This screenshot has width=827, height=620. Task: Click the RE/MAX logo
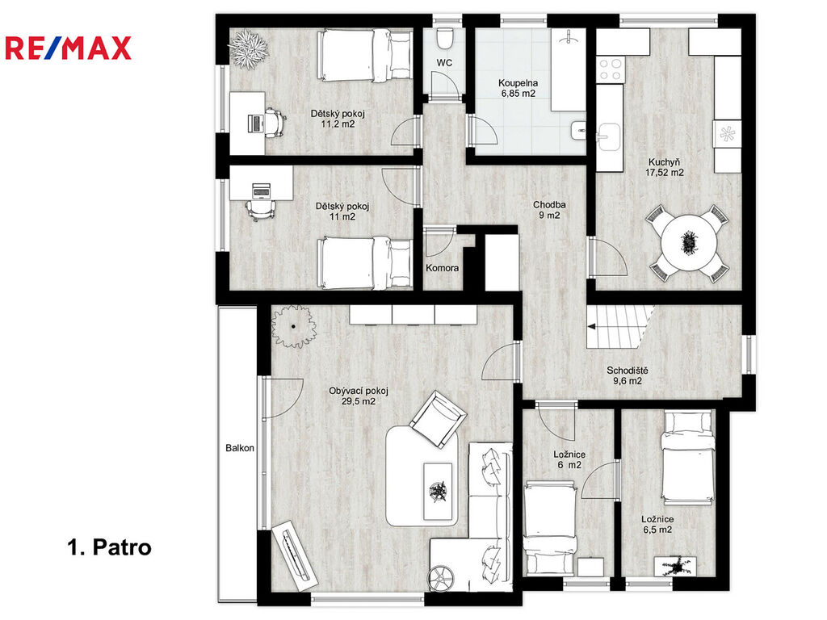pos(68,48)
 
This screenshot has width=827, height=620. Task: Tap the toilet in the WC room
pos(446,37)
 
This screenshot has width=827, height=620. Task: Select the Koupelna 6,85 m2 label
pos(518,88)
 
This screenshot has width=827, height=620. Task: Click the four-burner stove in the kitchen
pos(611,69)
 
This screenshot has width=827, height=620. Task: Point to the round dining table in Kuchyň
pos(688,242)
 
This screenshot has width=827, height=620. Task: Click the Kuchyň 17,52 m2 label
pos(665,167)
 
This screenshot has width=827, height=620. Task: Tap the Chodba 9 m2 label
pos(549,210)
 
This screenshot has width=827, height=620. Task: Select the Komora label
pos(442,268)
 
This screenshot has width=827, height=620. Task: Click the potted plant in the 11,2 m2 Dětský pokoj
pos(249,48)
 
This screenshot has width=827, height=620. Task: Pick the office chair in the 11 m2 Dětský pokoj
pos(261,209)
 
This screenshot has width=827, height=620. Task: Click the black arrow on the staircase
pos(592,326)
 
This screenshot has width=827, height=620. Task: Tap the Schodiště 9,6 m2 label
pos(627,375)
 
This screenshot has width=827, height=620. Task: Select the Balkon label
pos(240,448)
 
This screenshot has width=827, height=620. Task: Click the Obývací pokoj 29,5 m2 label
pos(359,396)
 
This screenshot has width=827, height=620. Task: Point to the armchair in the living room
pos(439,419)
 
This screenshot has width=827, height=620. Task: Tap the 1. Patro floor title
pos(110,547)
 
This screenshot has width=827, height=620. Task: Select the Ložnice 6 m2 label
pos(569,459)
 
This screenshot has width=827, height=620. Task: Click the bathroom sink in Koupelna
pos(578,130)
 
